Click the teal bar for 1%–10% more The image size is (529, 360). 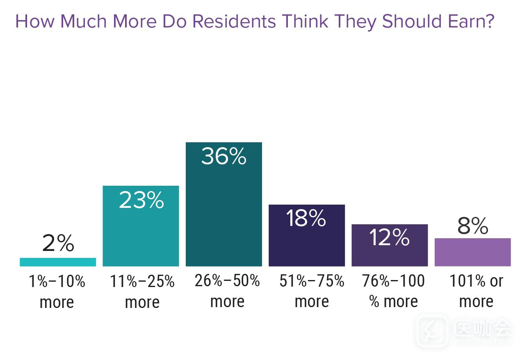(x=58, y=262)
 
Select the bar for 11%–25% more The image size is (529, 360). (x=141, y=234)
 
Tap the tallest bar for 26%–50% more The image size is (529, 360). (x=223, y=213)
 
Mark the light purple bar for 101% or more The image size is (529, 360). (x=472, y=252)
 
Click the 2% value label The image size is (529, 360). (x=58, y=244)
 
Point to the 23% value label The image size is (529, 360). (x=141, y=201)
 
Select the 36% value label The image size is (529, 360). (x=223, y=157)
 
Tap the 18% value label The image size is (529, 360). (x=306, y=219)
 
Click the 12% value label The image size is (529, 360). (x=389, y=237)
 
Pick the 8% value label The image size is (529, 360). (x=472, y=226)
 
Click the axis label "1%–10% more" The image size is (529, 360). (x=57, y=292)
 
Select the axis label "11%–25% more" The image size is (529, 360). (x=142, y=292)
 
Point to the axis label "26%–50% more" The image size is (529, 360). (x=227, y=291)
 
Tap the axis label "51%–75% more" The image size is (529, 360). (x=312, y=291)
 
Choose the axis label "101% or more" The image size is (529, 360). (x=476, y=291)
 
